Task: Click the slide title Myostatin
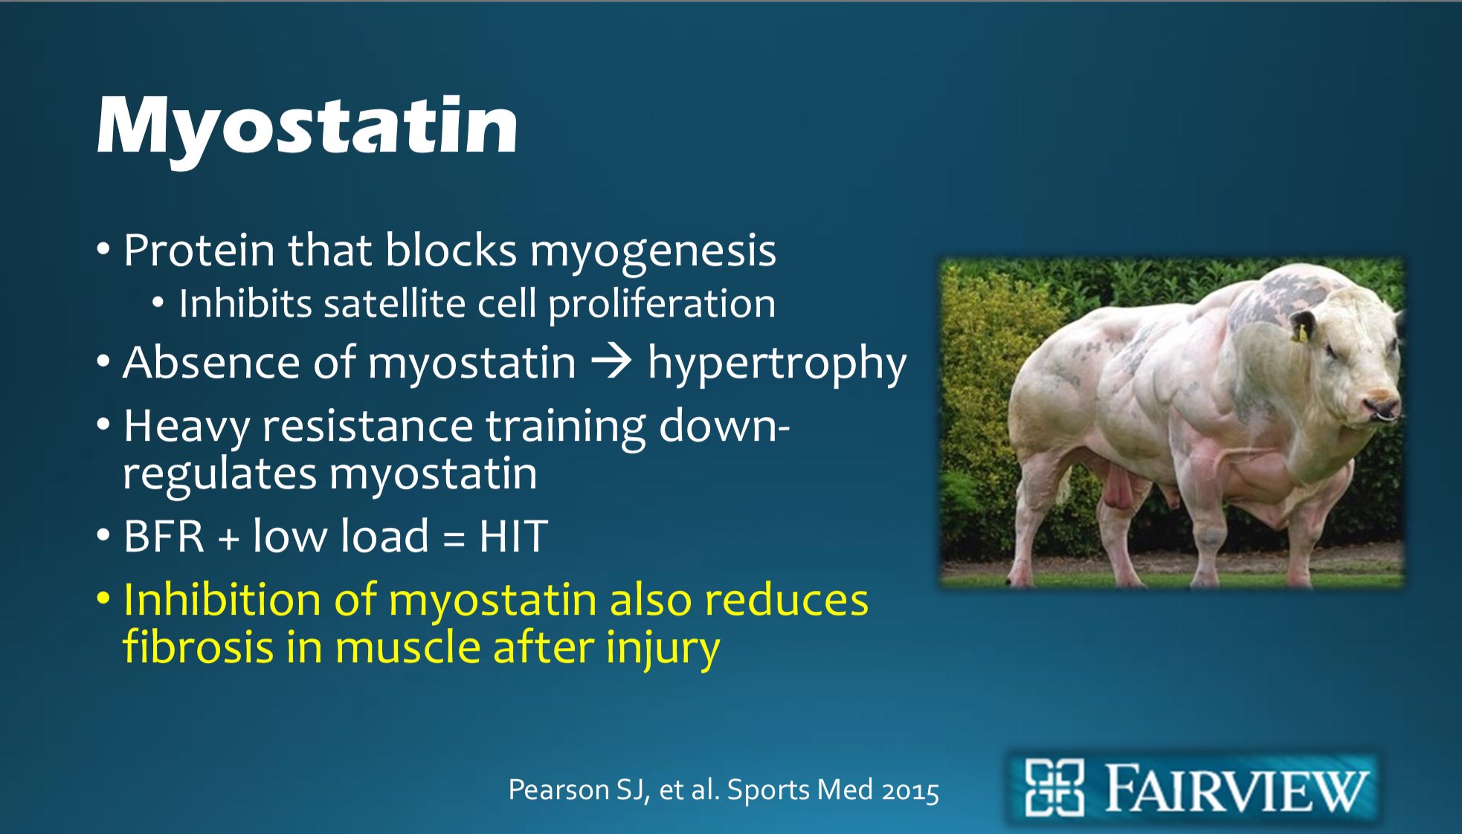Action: pos(306,126)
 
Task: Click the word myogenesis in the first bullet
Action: pos(653,250)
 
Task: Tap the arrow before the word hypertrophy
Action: pos(611,363)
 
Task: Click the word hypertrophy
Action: pos(776,364)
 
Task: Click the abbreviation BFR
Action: pos(164,536)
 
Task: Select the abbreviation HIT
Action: pos(513,536)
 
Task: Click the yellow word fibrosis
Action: pos(198,647)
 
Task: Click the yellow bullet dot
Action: pos(104,598)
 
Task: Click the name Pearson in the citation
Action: pos(558,789)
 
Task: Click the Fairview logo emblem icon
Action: pos(1054,788)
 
